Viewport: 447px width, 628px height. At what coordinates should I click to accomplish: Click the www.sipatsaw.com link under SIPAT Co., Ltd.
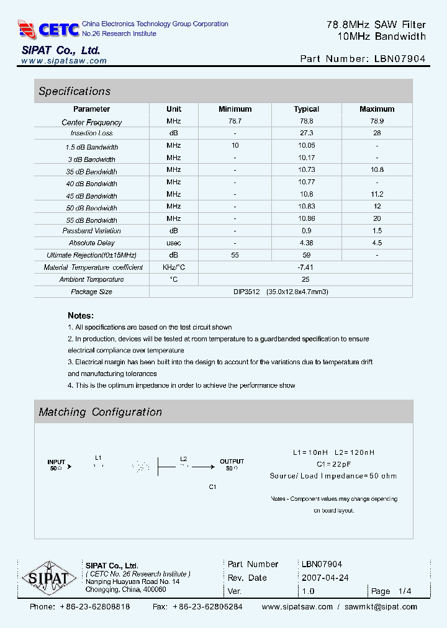(64, 61)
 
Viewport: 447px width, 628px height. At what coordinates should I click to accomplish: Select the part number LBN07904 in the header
(400, 59)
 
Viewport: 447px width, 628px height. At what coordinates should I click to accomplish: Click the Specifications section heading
(74, 91)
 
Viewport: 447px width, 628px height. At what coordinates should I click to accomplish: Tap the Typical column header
(306, 109)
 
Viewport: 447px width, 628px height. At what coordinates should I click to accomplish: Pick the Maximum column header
(377, 109)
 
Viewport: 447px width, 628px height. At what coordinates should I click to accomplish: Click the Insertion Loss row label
(92, 133)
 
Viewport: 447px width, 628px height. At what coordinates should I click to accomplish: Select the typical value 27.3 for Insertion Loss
(306, 133)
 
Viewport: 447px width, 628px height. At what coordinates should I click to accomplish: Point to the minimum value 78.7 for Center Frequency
(235, 122)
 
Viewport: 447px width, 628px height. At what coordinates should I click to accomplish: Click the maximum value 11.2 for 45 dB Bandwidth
(377, 194)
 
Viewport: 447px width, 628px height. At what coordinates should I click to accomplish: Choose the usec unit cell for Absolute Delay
(174, 243)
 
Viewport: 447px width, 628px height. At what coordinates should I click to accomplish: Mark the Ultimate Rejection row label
(92, 255)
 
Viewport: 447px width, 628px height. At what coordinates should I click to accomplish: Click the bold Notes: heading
(81, 315)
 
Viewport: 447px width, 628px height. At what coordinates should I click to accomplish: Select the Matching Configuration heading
(100, 412)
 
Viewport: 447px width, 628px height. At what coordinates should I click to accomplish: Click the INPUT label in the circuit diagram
(56, 462)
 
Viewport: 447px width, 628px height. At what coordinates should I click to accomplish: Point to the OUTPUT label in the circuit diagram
(232, 462)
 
